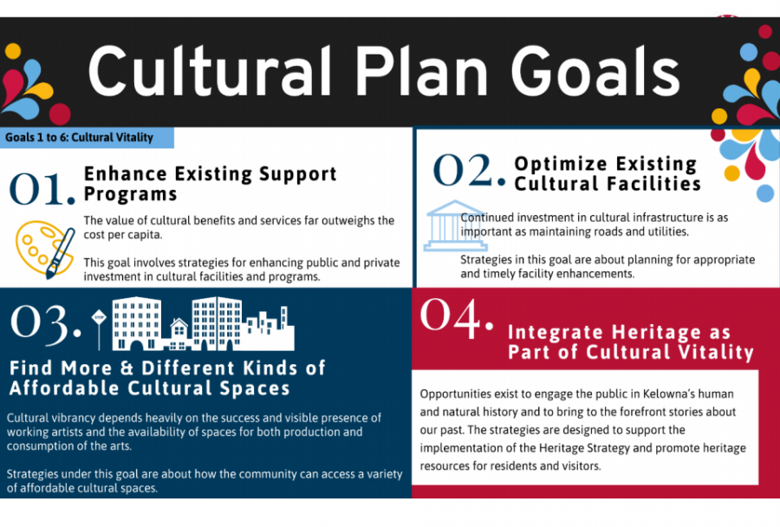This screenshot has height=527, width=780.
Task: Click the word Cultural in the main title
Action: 210,71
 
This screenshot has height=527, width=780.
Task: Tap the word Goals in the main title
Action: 595,71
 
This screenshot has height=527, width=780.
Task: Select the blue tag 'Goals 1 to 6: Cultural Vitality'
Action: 87,138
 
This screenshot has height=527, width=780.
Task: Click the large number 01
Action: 42,190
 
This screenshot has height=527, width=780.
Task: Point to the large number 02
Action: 469,170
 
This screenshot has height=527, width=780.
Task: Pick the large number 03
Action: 45,324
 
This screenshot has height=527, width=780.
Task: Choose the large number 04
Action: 457,317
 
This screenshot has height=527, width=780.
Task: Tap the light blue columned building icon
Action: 455,225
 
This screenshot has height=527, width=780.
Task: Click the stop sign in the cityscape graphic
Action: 99,317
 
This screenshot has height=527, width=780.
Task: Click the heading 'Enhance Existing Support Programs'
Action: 210,184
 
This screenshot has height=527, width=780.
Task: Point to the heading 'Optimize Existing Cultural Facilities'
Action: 608,173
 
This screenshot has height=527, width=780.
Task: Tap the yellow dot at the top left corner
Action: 13,51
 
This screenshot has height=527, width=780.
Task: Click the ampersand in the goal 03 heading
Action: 127,368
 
